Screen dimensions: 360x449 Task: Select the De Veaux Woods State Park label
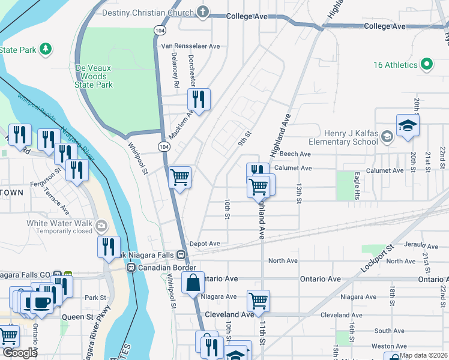[94, 77]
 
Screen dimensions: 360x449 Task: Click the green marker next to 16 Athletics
[427, 64]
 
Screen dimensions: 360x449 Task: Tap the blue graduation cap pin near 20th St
[408, 125]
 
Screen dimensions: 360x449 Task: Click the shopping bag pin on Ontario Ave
[193, 283]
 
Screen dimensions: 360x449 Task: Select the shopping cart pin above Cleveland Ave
[258, 300]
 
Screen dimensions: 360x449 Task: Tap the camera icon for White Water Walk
[100, 226]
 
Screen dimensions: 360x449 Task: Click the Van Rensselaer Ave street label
[190, 46]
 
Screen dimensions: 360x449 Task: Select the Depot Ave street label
[205, 244]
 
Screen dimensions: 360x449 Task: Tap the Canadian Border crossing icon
[131, 267]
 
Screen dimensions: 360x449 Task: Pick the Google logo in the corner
[19, 353]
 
